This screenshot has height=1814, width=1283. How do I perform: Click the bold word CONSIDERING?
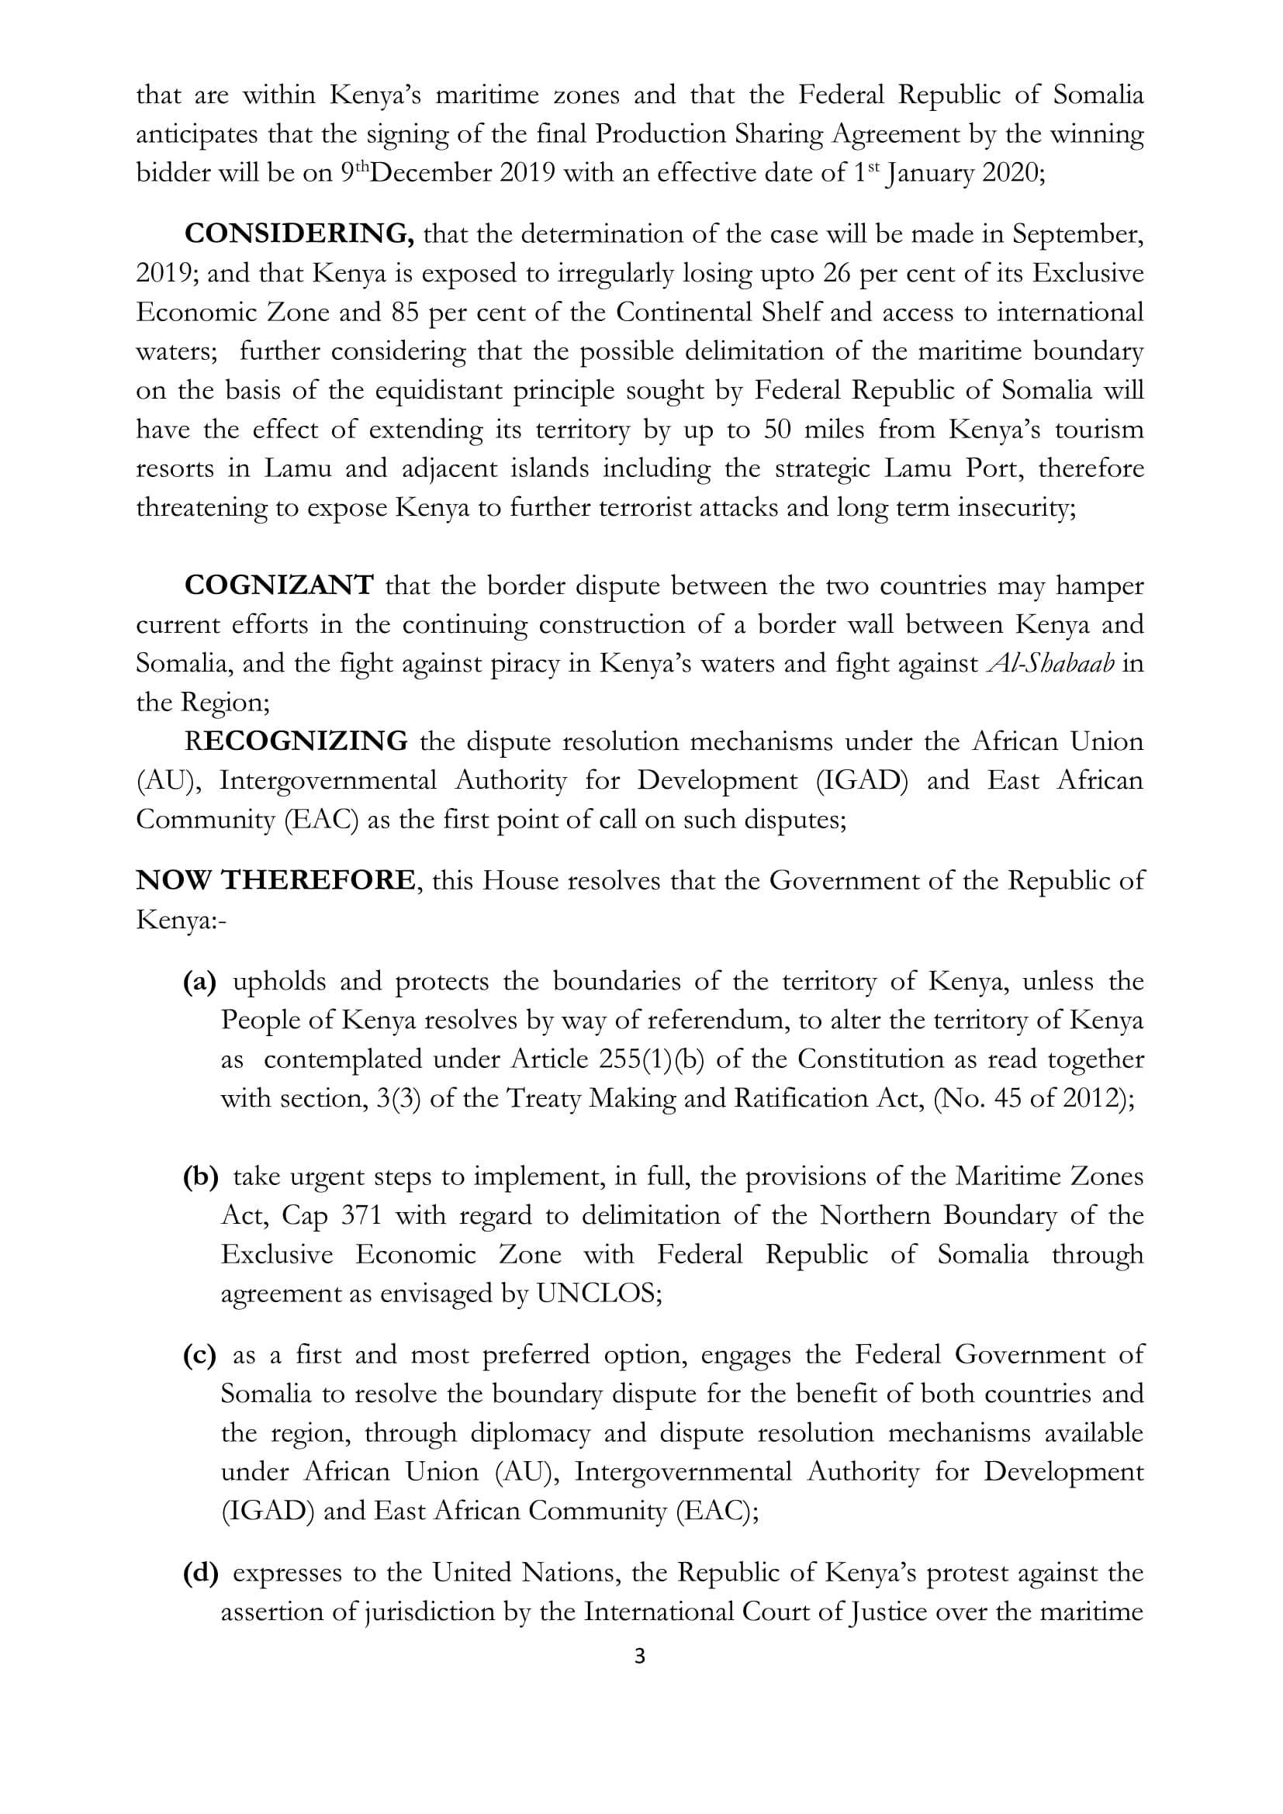point(299,235)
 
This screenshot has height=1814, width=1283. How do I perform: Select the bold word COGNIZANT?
point(279,586)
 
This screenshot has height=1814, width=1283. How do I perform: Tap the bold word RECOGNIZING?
point(296,741)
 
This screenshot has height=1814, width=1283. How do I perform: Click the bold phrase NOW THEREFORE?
point(275,880)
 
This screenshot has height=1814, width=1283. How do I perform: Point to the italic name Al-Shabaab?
point(1051,664)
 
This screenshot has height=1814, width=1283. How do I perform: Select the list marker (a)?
point(199,981)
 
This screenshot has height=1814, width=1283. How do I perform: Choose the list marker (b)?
point(200,1177)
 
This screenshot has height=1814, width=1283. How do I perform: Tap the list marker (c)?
point(199,1355)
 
